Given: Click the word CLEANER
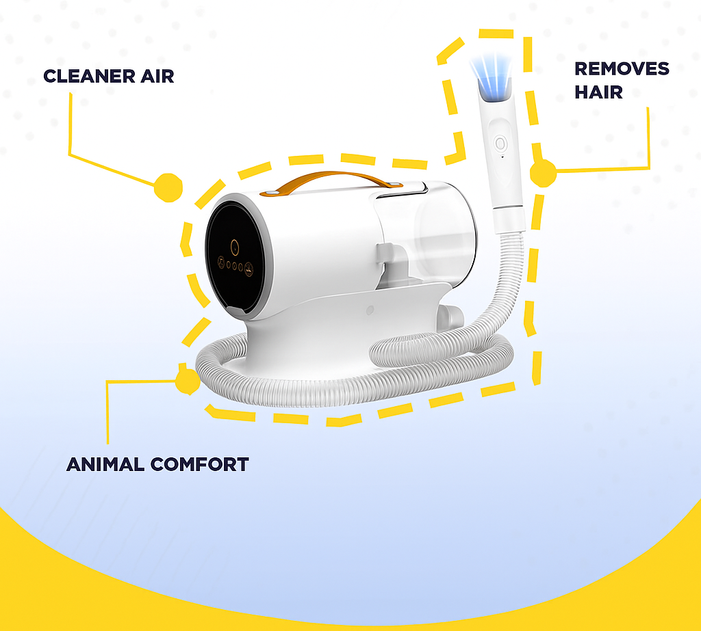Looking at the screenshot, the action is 90,76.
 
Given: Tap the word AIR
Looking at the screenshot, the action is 157,76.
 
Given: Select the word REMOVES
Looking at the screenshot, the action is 622,69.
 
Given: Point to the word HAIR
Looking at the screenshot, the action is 598,92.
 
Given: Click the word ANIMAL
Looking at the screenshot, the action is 105,464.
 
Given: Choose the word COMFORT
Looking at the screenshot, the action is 200,464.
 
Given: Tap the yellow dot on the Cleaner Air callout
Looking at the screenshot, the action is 168,187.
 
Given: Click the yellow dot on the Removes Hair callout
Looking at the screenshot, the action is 543,173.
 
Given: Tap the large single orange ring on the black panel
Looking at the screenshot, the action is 235,247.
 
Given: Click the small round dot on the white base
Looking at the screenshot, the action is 370,310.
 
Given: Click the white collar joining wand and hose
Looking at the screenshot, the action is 509,218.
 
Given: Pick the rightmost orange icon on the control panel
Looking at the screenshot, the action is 249,269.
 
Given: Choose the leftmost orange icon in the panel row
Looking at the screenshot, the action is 221,262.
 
